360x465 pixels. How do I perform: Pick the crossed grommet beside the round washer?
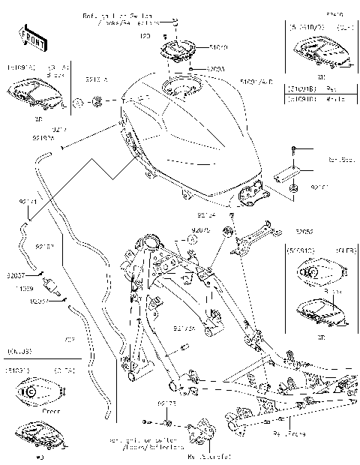pos(96,102)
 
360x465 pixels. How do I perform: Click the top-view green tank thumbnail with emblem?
pos(31,391)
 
